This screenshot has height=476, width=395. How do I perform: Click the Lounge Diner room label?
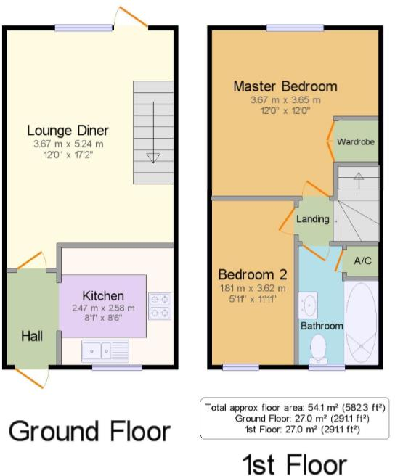(x=68, y=131)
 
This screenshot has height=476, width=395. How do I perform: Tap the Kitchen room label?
(x=102, y=296)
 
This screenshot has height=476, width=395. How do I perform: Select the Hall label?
(x=31, y=337)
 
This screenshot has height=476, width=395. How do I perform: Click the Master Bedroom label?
(x=285, y=86)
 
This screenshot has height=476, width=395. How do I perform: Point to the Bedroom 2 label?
(x=253, y=275)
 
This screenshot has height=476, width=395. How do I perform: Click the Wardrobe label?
(x=356, y=142)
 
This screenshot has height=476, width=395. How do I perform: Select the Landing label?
(x=313, y=219)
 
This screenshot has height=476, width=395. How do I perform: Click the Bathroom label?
(x=322, y=326)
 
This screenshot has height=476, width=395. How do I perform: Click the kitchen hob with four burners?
(x=160, y=306)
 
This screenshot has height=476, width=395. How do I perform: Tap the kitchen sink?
(x=105, y=351)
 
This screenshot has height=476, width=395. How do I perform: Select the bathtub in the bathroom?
(x=361, y=323)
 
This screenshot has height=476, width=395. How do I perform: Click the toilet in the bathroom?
(x=317, y=351)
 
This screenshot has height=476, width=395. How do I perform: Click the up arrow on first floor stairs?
(x=357, y=176)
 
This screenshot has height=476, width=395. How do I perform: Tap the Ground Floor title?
(x=89, y=432)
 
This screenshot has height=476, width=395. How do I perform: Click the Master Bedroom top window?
(x=285, y=28)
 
